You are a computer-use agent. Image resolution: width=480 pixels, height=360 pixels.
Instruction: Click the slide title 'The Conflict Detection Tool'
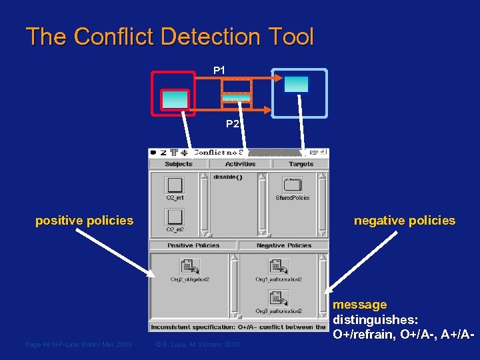(x=169, y=37)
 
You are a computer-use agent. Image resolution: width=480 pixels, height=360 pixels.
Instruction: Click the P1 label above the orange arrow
(x=219, y=70)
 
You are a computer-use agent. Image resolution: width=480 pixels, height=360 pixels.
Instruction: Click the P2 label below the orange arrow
(x=232, y=123)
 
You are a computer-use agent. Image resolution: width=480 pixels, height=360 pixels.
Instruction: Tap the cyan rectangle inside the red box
(x=175, y=99)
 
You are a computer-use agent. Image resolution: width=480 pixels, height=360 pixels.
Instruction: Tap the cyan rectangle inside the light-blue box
(x=296, y=84)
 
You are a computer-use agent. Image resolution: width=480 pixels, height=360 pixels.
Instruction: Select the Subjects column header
(x=178, y=164)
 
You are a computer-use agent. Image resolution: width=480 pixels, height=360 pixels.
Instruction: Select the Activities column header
(x=240, y=164)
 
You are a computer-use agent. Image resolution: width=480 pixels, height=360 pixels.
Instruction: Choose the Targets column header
(x=301, y=164)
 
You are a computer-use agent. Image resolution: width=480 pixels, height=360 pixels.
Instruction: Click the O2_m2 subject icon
(x=175, y=217)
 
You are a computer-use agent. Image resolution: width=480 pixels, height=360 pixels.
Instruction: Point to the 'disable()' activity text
(x=227, y=177)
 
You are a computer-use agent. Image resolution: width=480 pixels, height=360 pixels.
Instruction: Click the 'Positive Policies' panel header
(x=193, y=245)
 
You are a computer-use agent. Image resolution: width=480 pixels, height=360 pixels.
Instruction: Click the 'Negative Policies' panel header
(x=284, y=245)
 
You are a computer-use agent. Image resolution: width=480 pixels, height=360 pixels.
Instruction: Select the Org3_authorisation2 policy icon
(x=278, y=299)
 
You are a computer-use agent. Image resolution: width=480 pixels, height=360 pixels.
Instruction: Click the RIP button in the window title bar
(x=314, y=153)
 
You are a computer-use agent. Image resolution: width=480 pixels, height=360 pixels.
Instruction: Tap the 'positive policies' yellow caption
(x=84, y=221)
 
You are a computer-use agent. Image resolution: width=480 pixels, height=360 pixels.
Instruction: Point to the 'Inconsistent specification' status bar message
(x=238, y=327)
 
